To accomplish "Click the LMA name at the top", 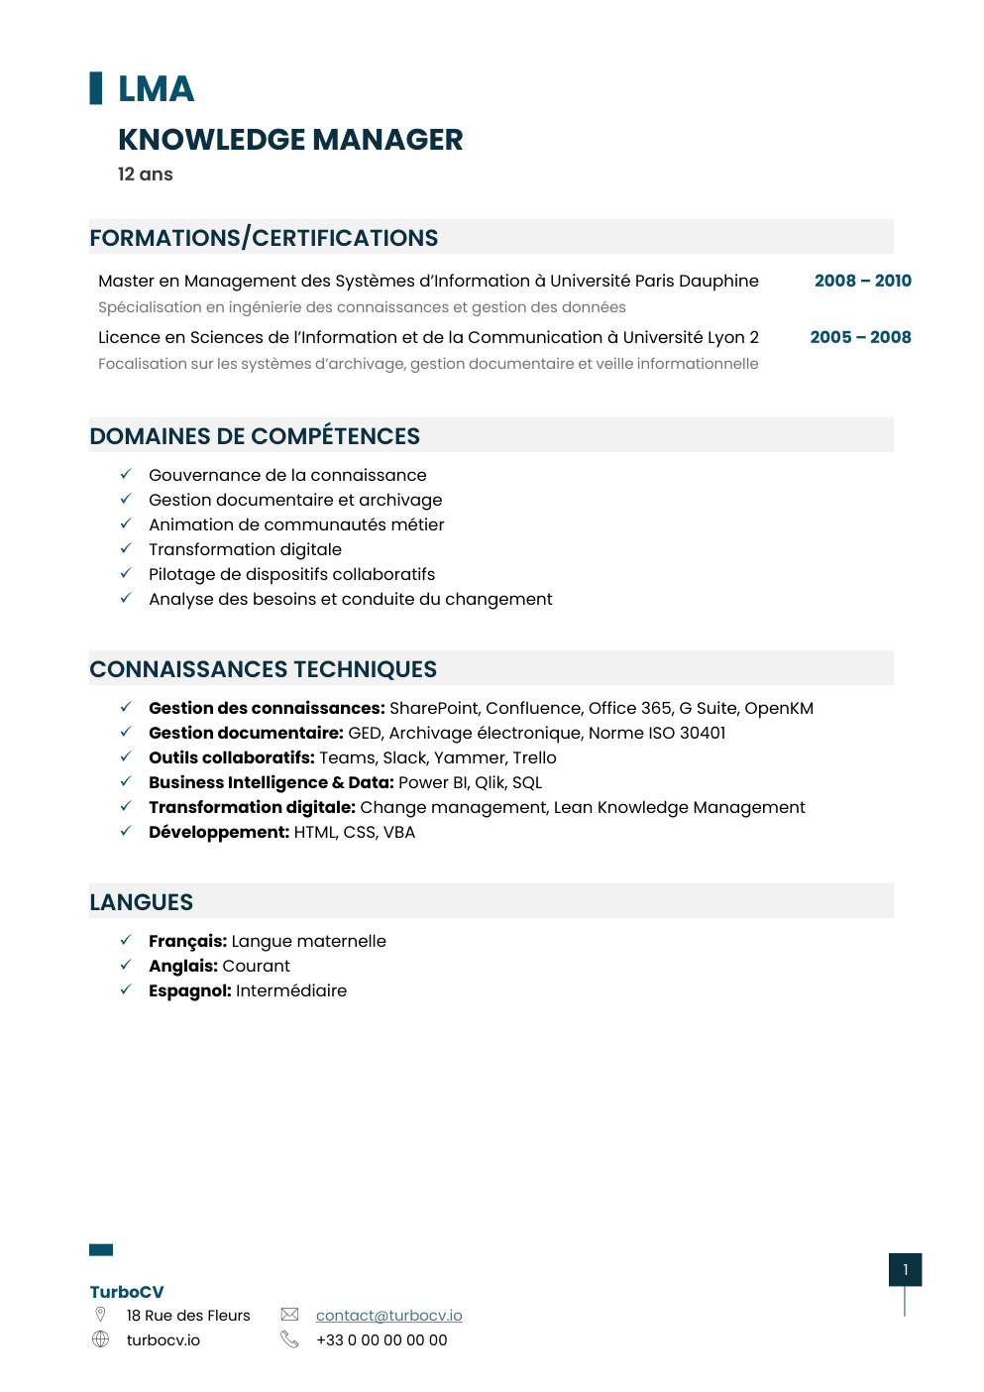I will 156,89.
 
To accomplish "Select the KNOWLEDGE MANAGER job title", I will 290,140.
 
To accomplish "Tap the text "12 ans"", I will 146,174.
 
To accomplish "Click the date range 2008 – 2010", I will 862,281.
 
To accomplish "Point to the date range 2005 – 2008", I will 860,337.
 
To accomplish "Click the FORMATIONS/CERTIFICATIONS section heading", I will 264,238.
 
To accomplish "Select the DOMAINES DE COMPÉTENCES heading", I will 255,436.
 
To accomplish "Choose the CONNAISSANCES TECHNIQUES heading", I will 263,669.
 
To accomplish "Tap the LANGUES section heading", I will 142,902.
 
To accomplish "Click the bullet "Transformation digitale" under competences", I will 245,549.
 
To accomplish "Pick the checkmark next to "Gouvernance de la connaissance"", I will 126,474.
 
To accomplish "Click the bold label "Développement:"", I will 219,832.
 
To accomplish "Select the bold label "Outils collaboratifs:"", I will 232,757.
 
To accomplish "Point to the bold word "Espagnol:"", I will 190,990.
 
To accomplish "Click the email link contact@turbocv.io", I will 388,1316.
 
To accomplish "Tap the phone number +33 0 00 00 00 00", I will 382,1340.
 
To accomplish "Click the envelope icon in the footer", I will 289,1315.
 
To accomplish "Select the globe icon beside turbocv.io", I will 100,1339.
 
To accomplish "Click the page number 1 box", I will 905,1270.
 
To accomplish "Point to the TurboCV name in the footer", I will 127,1292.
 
